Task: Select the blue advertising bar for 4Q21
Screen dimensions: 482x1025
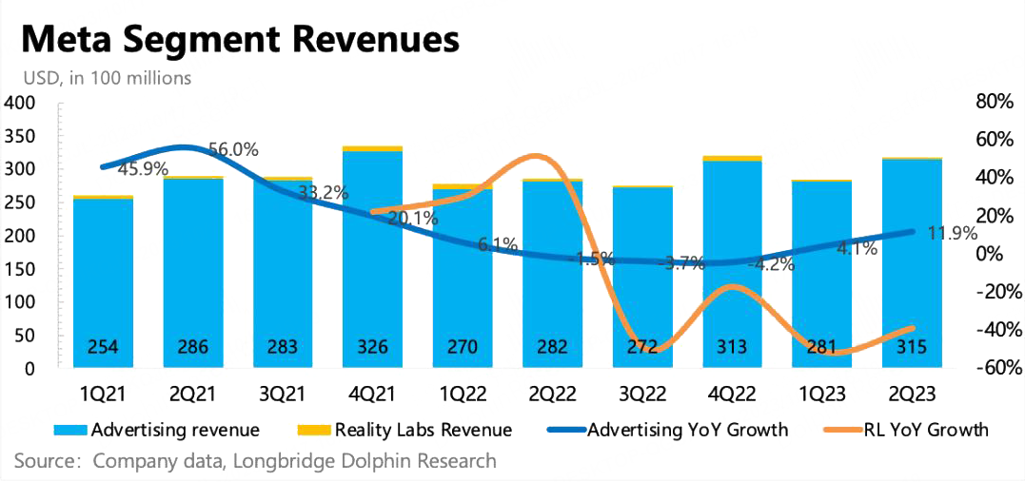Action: tap(372, 257)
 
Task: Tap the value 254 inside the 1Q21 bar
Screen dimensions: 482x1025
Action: tap(103, 347)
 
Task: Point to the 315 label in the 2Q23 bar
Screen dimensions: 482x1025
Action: tap(912, 347)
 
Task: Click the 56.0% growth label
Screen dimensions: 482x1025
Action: tap(232, 150)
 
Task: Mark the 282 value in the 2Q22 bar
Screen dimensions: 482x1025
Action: tap(552, 347)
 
